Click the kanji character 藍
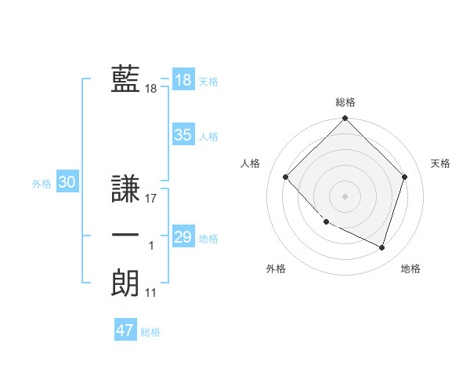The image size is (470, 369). [125, 79]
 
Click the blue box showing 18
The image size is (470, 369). [183, 80]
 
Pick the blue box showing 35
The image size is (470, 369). [183, 135]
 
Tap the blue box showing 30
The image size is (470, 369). [67, 183]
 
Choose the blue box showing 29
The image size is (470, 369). [183, 237]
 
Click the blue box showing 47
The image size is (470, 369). [125, 331]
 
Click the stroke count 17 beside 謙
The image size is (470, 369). [151, 199]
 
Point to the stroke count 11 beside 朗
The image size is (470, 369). [151, 293]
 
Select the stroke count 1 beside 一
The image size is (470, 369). [151, 246]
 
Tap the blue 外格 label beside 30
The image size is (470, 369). [42, 184]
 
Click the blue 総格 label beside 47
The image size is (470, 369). [150, 332]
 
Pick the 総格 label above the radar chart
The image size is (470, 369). [345, 102]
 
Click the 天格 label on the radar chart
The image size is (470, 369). [441, 163]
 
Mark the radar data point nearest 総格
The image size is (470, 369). [345, 119]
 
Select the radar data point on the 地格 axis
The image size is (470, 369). [382, 247]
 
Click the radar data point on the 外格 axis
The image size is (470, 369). [326, 222]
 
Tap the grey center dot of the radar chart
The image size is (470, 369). [345, 195]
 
